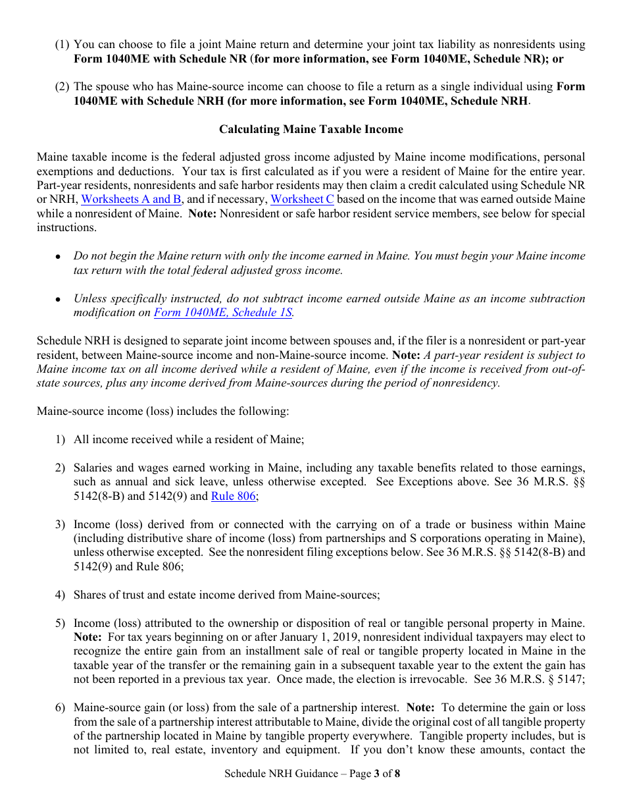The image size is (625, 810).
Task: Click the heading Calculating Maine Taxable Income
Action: pyautogui.click(x=311, y=129)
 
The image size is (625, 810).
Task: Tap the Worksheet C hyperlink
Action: pyautogui.click(x=302, y=200)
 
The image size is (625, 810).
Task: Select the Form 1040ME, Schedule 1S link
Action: pyautogui.click(x=223, y=313)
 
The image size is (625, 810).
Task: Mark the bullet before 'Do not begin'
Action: pyautogui.click(x=59, y=257)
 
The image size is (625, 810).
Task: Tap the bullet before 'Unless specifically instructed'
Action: pyautogui.click(x=59, y=299)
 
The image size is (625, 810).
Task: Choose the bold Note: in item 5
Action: pyautogui.click(x=87, y=637)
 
